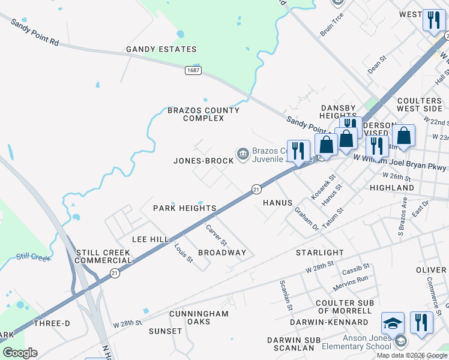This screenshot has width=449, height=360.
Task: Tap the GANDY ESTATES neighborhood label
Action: (x=161, y=49)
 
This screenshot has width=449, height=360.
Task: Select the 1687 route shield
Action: (x=193, y=70)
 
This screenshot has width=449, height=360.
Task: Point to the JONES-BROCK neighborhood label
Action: (x=203, y=161)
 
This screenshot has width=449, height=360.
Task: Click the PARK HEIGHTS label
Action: (x=184, y=208)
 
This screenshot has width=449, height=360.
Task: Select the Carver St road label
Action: (x=216, y=235)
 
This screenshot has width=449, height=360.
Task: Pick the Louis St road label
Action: (x=183, y=253)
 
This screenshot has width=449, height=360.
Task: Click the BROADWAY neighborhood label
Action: (x=222, y=253)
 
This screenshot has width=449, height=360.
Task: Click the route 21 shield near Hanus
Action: (x=256, y=189)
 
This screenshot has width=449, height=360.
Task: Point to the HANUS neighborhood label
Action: (x=277, y=203)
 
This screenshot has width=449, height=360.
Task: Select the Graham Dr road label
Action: (x=306, y=218)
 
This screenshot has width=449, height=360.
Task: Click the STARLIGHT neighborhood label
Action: (x=320, y=253)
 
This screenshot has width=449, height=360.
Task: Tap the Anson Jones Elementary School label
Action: (x=356, y=342)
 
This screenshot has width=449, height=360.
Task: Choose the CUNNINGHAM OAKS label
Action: (x=199, y=317)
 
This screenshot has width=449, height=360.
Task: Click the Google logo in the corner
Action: (x=20, y=353)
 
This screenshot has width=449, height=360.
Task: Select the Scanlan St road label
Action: (x=286, y=295)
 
